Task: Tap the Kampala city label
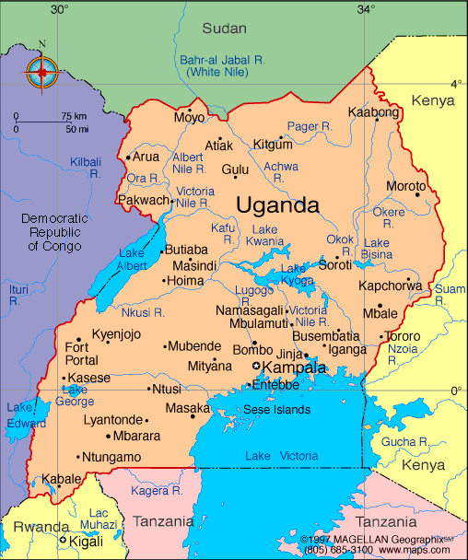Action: coord(294,368)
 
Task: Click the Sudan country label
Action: coord(224,29)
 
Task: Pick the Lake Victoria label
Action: coord(281,456)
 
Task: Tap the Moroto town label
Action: coord(405,185)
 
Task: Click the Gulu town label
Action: coord(235,169)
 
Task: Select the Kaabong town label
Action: coord(373,112)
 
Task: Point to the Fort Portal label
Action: coord(77,354)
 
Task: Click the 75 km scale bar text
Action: coord(74,116)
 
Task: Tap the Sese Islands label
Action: coord(277,410)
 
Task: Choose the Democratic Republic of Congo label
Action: coord(54,232)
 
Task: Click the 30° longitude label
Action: coord(59,9)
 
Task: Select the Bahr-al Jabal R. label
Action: coord(221,64)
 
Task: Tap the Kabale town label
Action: coord(61,479)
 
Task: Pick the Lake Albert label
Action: coord(133,259)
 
